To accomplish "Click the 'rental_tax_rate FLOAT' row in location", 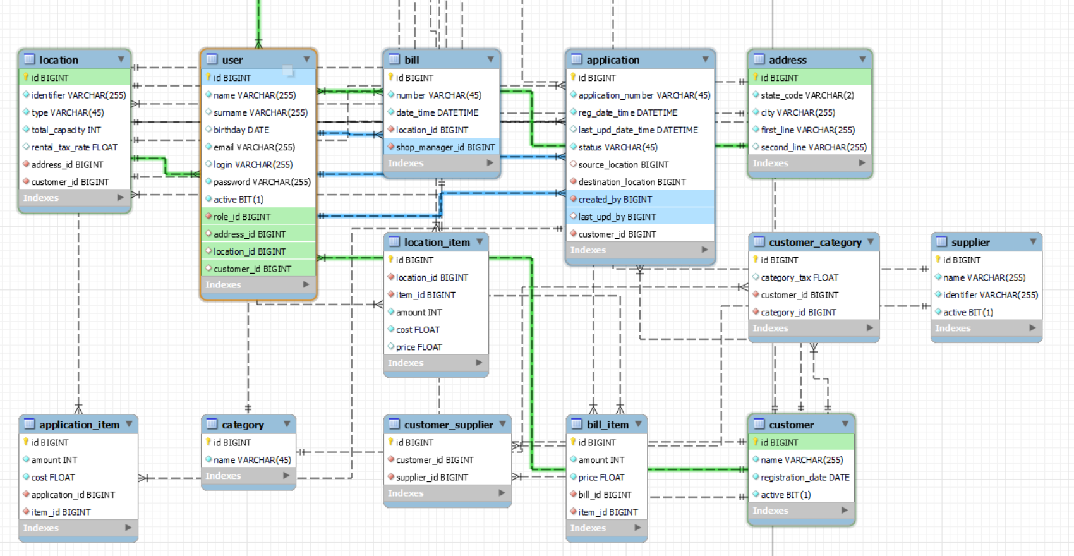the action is pyautogui.click(x=75, y=147).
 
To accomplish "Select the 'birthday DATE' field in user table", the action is pyautogui.click(x=241, y=130).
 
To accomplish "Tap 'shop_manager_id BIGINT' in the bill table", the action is pyautogui.click(x=445, y=147).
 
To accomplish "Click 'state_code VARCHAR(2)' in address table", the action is pyautogui.click(x=807, y=95).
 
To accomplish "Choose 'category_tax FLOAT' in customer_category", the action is pyautogui.click(x=800, y=277).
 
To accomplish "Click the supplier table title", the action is pyautogui.click(x=970, y=243).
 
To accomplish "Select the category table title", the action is pyautogui.click(x=243, y=425).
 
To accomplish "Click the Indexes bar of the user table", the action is pyautogui.click(x=258, y=285).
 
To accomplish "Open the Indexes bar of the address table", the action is pyautogui.click(x=810, y=163).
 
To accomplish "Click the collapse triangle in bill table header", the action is pyautogui.click(x=490, y=59).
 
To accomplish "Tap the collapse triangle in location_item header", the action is pyautogui.click(x=480, y=242).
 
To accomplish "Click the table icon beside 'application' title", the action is pyautogui.click(x=576, y=59).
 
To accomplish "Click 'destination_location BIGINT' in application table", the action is pyautogui.click(x=632, y=182).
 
